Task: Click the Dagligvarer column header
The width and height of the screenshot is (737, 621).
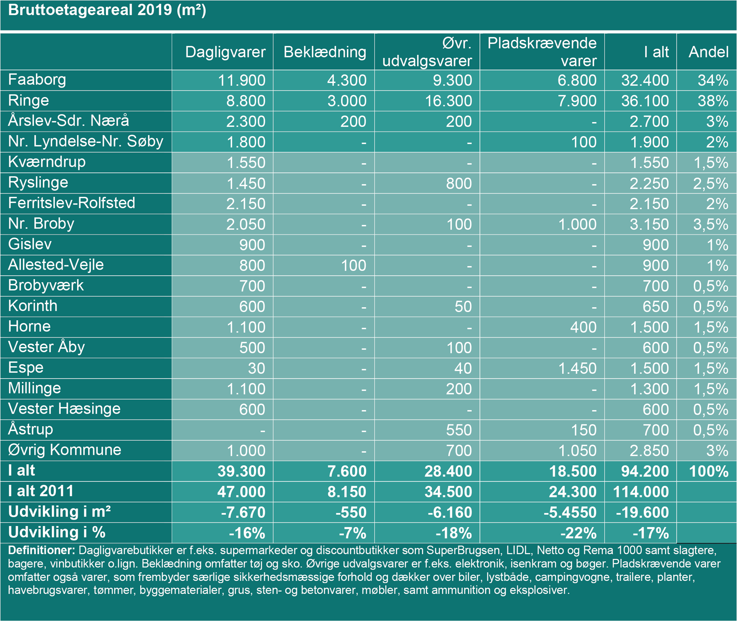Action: (x=225, y=52)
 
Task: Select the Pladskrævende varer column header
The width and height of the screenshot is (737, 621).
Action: (x=542, y=52)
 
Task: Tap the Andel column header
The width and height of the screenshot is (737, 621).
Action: (x=708, y=52)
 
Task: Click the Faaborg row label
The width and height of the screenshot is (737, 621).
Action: (x=37, y=80)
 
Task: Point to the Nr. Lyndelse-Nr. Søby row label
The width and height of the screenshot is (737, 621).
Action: (x=86, y=141)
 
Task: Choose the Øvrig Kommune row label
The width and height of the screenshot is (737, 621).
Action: (x=64, y=450)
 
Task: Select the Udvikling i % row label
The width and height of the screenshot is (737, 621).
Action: (x=56, y=532)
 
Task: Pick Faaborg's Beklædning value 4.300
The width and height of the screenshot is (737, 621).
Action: (x=347, y=80)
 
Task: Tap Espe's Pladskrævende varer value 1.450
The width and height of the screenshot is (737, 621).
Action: (x=577, y=368)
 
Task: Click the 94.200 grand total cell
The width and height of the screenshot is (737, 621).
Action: (x=644, y=471)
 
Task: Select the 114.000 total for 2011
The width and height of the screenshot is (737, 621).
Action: (x=641, y=492)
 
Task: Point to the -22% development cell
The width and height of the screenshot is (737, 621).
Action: (x=578, y=533)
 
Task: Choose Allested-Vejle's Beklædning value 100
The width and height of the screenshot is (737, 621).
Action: (x=354, y=265)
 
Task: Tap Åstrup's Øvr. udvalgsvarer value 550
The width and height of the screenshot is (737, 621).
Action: (x=459, y=430)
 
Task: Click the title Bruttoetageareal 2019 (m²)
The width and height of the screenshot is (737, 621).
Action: (x=107, y=10)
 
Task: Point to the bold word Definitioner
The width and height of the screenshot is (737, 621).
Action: (x=41, y=550)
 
